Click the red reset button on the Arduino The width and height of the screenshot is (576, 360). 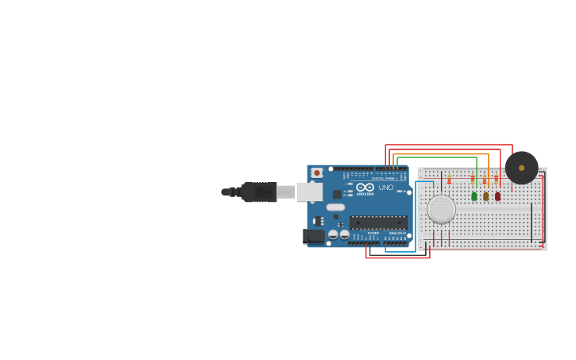tap(317, 172)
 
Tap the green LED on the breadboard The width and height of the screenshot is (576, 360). tap(474, 196)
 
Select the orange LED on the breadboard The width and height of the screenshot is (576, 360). tap(486, 196)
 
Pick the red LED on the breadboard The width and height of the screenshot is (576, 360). tap(498, 196)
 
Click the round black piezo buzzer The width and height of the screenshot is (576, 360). tap(521, 168)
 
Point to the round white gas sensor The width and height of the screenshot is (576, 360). tap(441, 209)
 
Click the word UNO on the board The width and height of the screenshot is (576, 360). tap(385, 188)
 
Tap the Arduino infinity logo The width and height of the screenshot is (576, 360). tap(365, 188)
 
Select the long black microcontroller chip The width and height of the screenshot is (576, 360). tap(378, 223)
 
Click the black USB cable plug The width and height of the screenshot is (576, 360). tap(258, 192)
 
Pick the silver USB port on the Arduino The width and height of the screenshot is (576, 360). tap(309, 192)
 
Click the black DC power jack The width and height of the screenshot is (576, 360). tap(314, 236)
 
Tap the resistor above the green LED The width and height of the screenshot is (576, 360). tap(473, 180)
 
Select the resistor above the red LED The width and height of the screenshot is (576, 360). tap(497, 180)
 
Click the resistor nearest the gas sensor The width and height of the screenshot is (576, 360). tap(449, 180)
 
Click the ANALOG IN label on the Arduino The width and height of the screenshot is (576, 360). tap(395, 233)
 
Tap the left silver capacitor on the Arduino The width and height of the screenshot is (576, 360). tap(333, 234)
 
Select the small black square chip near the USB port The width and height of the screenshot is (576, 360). tap(338, 194)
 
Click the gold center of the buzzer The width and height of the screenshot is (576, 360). tap(521, 168)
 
